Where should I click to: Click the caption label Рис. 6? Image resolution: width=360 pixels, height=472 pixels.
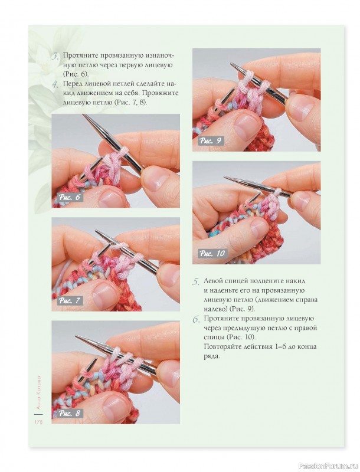click(70, 198)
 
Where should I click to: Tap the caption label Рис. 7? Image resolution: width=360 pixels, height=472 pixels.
click(70, 300)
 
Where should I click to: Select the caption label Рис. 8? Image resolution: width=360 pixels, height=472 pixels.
click(70, 413)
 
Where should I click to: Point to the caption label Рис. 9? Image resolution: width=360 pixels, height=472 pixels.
click(211, 141)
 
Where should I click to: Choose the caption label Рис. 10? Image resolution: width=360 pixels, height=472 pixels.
click(212, 254)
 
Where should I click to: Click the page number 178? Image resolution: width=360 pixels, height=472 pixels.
click(38, 422)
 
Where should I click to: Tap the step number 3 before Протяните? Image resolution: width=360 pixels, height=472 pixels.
click(55, 56)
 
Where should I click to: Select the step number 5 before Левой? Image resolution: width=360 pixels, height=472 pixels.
click(196, 282)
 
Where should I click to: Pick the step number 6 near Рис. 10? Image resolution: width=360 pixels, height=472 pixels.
click(196, 319)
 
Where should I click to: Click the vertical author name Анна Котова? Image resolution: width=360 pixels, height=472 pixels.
click(38, 392)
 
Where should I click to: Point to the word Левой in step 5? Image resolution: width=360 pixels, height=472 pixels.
click(214, 281)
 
